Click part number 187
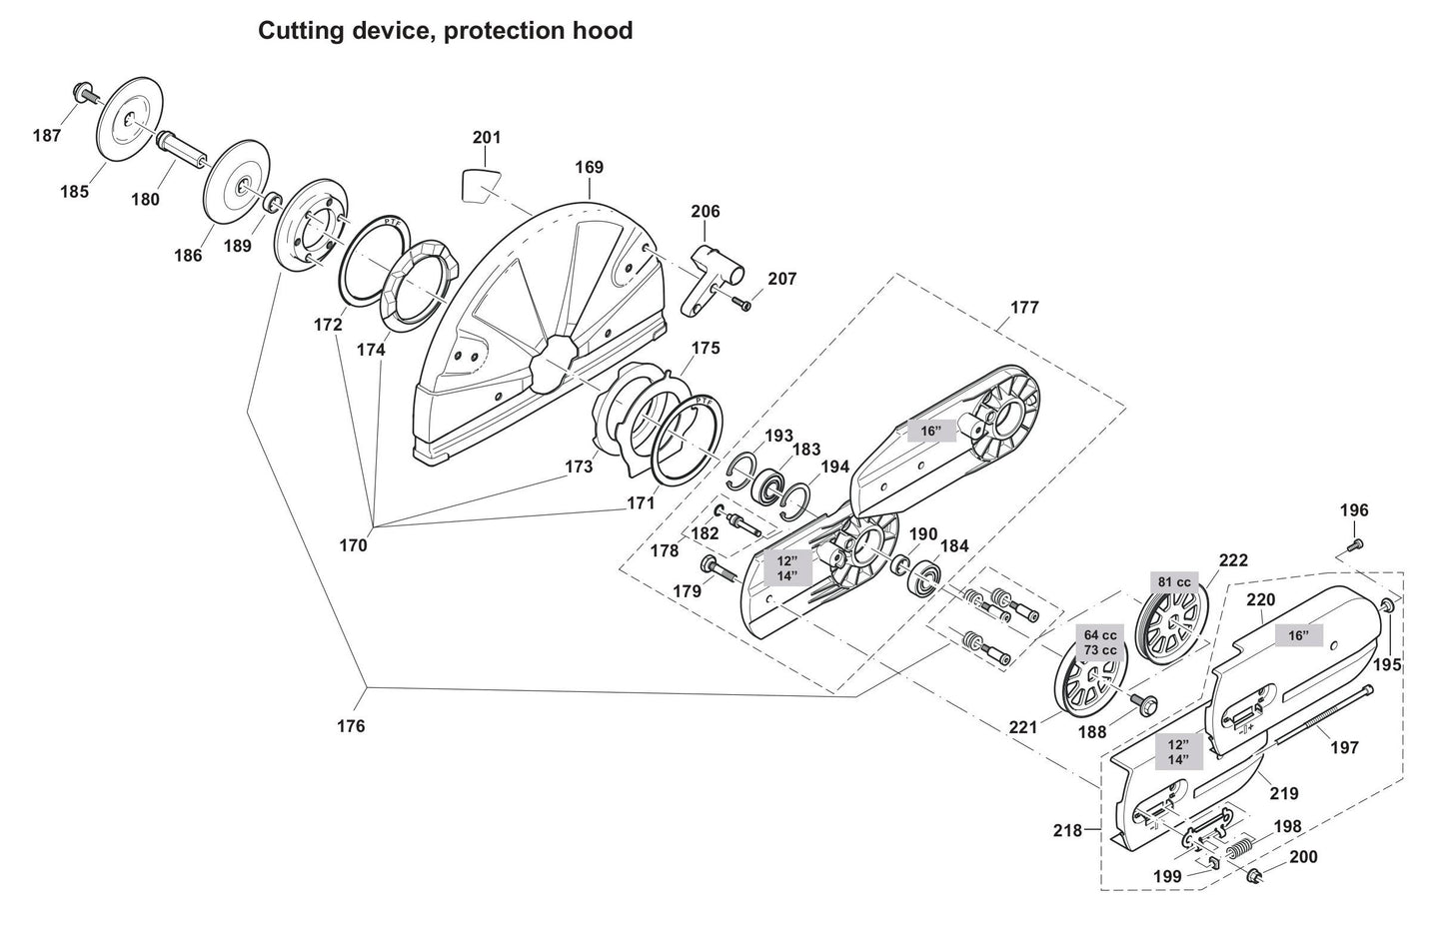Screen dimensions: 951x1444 47,135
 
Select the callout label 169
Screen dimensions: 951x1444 589,167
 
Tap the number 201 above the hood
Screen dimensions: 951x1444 487,137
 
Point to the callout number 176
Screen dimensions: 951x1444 351,726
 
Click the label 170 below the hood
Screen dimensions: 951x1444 353,545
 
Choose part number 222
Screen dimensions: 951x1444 1233,562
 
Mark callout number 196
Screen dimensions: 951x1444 1354,510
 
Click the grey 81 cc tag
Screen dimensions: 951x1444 1173,582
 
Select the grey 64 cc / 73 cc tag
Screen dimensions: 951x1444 1100,642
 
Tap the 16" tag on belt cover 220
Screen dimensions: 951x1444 1297,635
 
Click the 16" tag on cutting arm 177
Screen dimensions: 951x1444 930,432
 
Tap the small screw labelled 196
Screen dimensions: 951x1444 1356,544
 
